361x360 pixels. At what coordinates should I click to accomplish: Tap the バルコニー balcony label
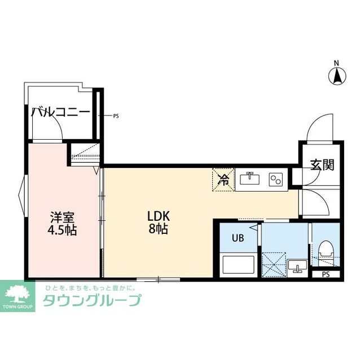(60, 112)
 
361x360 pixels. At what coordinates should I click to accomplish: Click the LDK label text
(159, 216)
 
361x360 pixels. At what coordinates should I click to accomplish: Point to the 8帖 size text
(159, 229)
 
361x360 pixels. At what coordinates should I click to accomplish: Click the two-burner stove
(276, 180)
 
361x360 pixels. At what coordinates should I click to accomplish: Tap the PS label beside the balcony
(116, 117)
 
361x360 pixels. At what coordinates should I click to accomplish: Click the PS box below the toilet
(325, 274)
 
